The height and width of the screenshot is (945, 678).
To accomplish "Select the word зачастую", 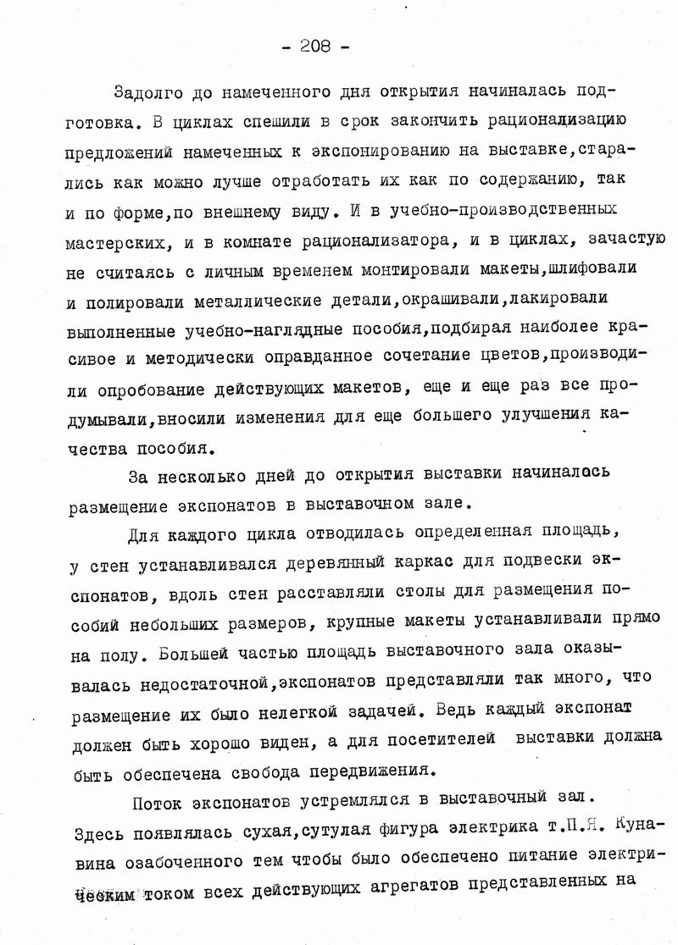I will pyautogui.click(x=613, y=240).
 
